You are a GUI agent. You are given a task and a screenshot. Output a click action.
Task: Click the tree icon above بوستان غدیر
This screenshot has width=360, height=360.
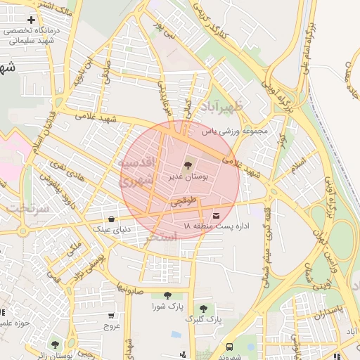tap(188, 165)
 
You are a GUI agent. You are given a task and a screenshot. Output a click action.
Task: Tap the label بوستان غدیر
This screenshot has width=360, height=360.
tap(187, 177)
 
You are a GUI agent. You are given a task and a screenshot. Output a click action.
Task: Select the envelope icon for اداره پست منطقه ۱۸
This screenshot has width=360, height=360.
tap(215, 214)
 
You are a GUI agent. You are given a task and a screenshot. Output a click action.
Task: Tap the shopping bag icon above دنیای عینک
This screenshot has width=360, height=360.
tap(112, 218)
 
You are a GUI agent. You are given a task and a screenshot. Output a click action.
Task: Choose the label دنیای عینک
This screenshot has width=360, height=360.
tap(112, 229)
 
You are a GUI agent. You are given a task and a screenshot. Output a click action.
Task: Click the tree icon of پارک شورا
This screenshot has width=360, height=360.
tap(167, 295)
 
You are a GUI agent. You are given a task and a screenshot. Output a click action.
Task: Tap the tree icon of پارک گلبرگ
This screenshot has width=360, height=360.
tap(203, 308)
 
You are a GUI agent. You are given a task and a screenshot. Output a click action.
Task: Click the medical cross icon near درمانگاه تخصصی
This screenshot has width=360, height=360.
tap(31, 20)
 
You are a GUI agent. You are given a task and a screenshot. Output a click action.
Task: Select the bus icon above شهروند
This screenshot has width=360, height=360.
tap(229, 347)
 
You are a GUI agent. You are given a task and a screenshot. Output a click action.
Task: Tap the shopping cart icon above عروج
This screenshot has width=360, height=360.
tap(112, 315)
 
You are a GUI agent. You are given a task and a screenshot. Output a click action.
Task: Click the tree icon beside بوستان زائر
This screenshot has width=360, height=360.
tap(55, 345)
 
